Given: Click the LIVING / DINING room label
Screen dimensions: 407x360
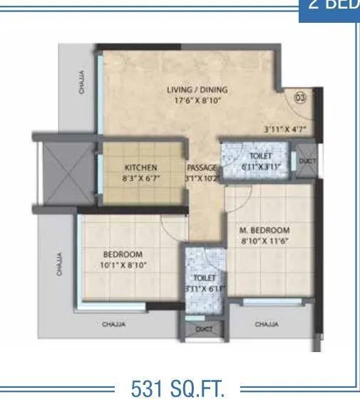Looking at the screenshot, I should tap(197, 90).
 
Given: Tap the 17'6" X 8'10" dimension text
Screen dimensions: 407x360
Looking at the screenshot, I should tap(197, 101).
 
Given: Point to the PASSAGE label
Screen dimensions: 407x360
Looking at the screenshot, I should tap(202, 168).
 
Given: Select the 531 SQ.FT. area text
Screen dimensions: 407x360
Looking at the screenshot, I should tap(178, 388).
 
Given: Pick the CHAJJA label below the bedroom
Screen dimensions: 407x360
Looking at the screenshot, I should tap(114, 325).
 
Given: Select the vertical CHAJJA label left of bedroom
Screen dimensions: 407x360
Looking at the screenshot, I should tap(61, 264).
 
